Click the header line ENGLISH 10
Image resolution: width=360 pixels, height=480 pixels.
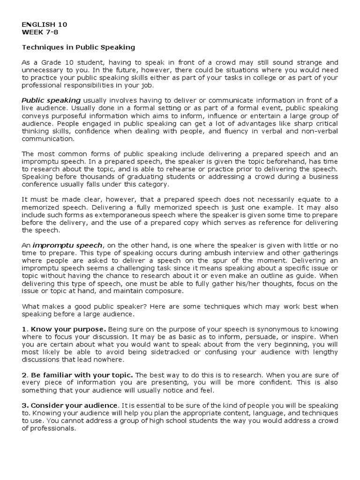pos(42,24)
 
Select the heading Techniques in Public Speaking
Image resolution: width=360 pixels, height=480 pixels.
pos(78,47)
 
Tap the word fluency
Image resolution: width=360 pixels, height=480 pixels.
pos(237,131)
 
